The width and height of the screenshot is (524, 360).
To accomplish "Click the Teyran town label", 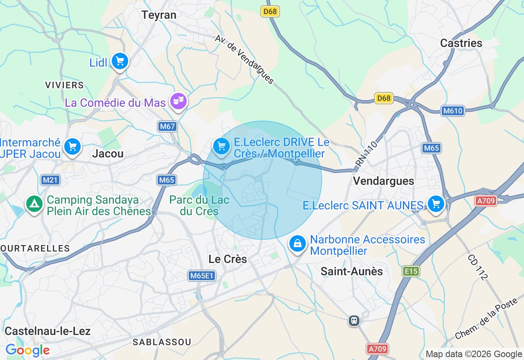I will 159,15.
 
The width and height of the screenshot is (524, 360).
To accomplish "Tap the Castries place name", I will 461,43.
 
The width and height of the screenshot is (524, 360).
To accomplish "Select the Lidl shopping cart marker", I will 120,62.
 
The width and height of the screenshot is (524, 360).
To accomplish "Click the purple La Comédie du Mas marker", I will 178,101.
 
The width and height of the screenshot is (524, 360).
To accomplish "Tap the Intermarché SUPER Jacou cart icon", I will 72,146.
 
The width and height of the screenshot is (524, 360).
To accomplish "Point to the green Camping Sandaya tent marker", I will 34,204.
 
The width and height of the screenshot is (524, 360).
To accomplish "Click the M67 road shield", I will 167,126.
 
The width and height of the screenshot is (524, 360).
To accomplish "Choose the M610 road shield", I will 453,111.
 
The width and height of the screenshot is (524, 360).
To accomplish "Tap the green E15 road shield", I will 411,271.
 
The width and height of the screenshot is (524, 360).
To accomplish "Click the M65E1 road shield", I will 202,276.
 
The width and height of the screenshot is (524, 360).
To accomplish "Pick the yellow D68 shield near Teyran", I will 270,11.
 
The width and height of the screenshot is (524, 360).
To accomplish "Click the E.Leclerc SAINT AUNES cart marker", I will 436,203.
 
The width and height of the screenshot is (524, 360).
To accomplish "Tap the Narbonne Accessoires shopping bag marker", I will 298,243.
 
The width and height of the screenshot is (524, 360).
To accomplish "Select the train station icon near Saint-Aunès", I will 354,320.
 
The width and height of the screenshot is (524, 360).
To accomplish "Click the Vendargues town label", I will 384,181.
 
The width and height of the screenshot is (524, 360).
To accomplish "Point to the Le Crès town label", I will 228,259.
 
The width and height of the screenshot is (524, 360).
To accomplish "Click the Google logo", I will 27,350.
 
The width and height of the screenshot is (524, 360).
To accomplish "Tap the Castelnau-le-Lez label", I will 47,331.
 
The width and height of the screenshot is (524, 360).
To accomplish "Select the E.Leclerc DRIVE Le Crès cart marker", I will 221,146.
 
